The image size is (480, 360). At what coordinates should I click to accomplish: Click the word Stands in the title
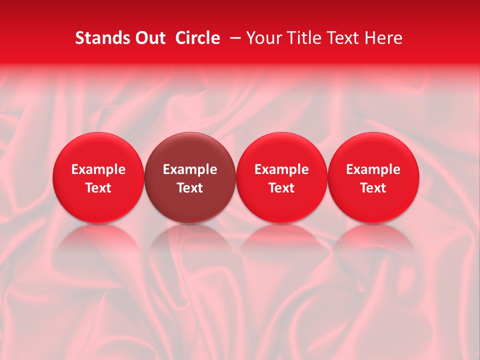click(98, 38)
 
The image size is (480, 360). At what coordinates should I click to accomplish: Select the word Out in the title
click(148, 38)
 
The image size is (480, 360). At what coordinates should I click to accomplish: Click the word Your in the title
click(263, 38)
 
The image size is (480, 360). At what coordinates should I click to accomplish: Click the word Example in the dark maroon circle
click(190, 170)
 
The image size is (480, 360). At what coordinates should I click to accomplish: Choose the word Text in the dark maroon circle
click(190, 188)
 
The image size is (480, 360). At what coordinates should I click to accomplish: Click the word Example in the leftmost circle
click(98, 170)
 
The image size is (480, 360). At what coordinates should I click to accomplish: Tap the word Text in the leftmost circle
click(98, 188)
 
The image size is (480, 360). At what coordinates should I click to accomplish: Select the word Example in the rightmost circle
click(373, 170)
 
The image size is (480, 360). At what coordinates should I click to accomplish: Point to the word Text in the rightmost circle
click(373, 188)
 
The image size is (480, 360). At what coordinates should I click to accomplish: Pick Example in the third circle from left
click(281, 170)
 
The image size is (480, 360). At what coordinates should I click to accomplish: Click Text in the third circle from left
click(281, 188)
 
